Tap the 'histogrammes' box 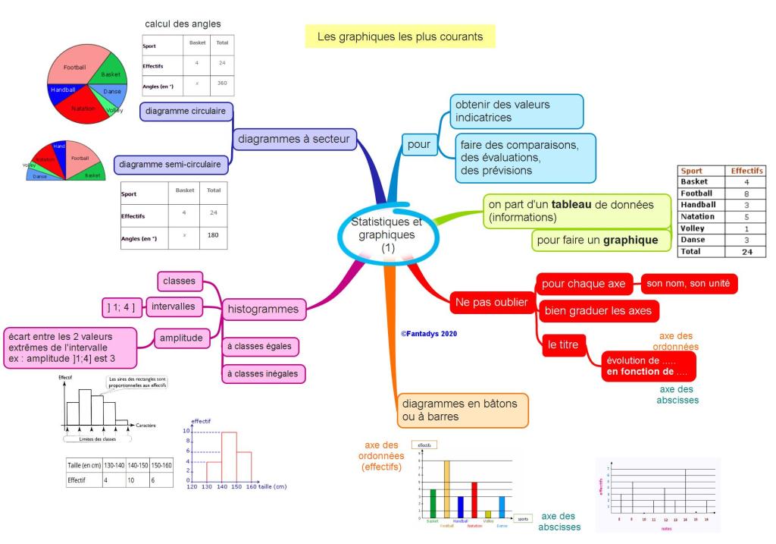click(x=263, y=309)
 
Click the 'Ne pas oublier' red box click(x=490, y=302)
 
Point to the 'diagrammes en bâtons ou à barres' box click(x=461, y=410)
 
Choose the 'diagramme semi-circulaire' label click(x=173, y=163)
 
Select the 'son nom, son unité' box click(x=688, y=284)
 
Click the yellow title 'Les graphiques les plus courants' click(x=399, y=36)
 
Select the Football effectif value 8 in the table click(x=746, y=193)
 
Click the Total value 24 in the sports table click(x=746, y=251)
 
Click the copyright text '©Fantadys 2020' click(x=429, y=333)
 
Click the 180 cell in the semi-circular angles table click(x=212, y=237)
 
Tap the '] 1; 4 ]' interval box click(x=120, y=307)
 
